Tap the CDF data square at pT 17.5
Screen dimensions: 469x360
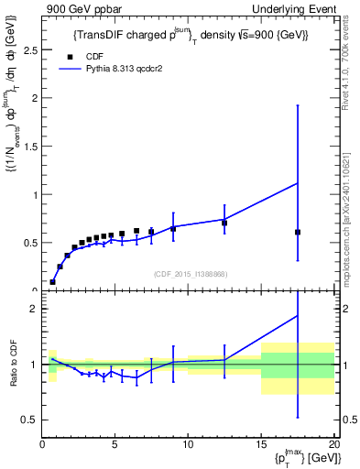coord(298,232)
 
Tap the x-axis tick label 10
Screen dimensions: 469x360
coord(188,444)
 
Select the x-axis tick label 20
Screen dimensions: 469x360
coord(333,444)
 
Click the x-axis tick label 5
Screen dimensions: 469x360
coord(115,444)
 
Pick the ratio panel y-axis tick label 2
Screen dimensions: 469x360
coord(33,309)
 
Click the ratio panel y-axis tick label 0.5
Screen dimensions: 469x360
coord(28,420)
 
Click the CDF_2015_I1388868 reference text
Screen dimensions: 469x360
coord(189,273)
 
